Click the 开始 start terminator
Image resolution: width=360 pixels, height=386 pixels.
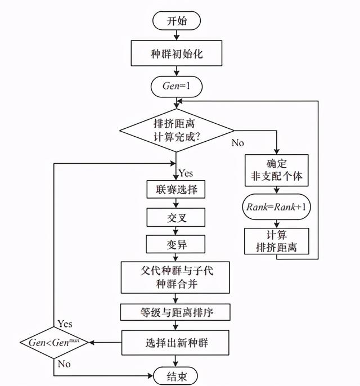point(176,21)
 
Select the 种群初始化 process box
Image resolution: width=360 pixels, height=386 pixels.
point(176,54)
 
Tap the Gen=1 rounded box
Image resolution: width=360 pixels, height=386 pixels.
point(176,87)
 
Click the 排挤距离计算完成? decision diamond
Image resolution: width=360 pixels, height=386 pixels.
point(176,130)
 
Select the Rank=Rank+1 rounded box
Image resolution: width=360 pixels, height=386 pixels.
point(276,207)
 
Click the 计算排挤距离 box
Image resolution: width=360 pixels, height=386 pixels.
point(276,240)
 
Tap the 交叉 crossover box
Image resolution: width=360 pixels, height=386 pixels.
point(176,217)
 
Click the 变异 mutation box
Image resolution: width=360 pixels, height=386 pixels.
point(176,245)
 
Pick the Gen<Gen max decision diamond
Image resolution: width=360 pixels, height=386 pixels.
point(54,342)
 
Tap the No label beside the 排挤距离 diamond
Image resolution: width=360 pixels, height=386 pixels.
point(238,143)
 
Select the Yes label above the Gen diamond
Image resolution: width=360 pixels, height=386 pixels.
point(65,324)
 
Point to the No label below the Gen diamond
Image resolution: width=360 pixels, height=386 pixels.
point(64,363)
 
